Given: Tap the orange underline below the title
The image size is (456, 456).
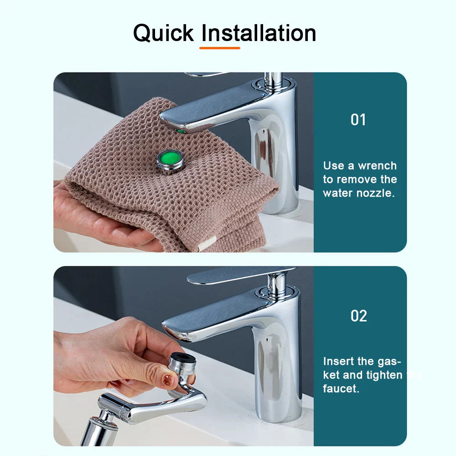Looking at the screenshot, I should (x=220, y=47).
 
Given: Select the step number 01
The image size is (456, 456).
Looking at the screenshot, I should (x=358, y=119).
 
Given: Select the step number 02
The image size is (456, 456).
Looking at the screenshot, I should (x=359, y=316).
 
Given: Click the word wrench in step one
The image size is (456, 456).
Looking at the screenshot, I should (x=377, y=166).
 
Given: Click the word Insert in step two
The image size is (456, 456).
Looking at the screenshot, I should (x=338, y=362).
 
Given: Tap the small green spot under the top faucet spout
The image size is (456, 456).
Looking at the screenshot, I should (x=181, y=131).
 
